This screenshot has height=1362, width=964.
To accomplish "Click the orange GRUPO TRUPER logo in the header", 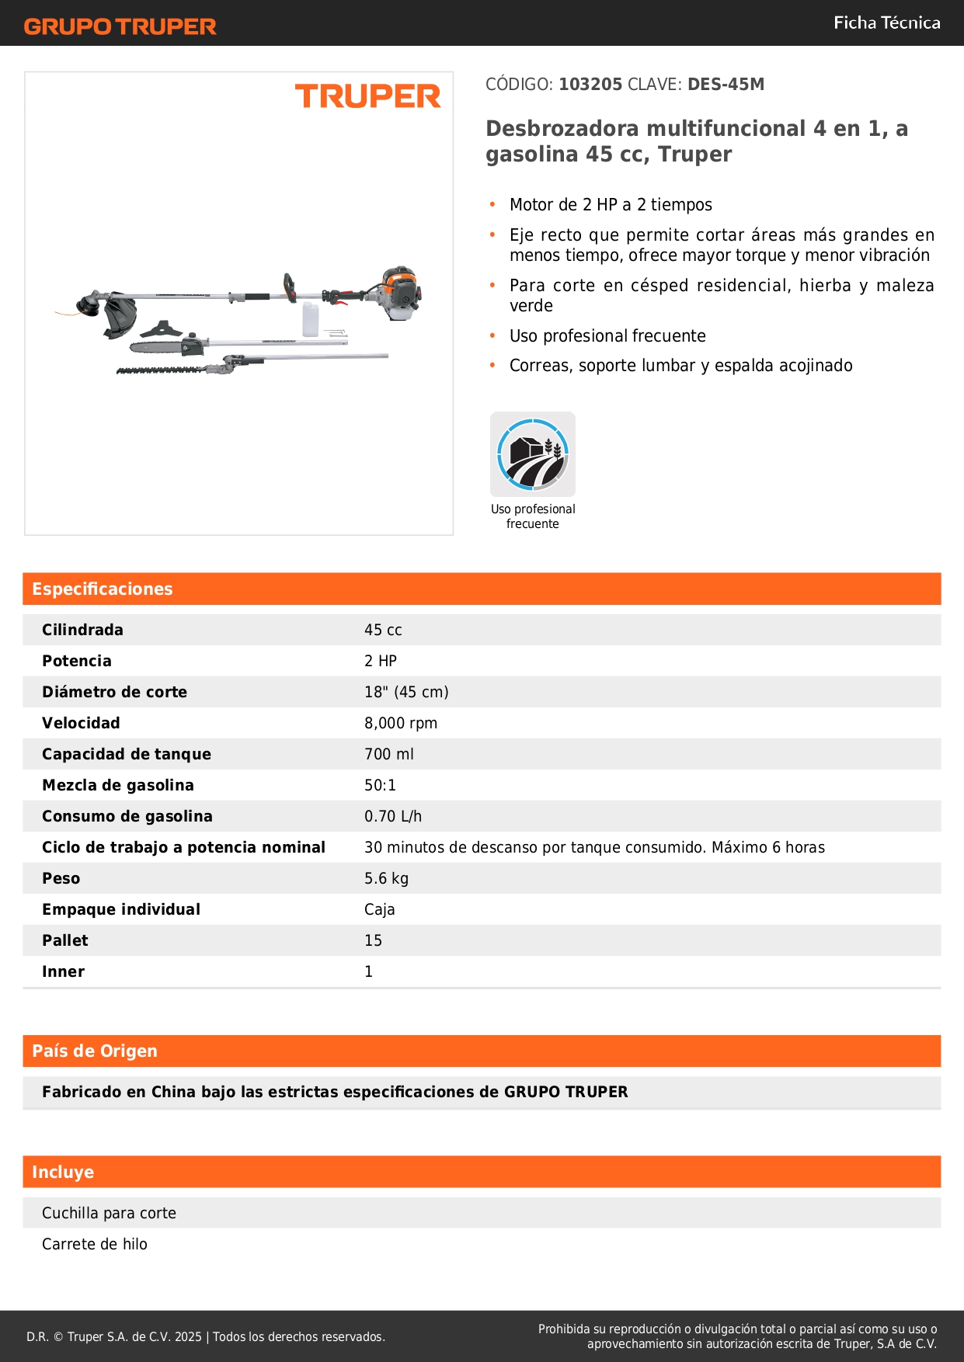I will [120, 26].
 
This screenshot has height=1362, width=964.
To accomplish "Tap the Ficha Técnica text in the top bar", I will [886, 23].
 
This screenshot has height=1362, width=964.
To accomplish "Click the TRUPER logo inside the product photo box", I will [367, 96].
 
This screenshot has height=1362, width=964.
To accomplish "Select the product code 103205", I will [590, 84].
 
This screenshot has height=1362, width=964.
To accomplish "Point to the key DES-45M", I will [726, 84].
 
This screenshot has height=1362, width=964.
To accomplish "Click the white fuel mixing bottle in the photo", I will [310, 319].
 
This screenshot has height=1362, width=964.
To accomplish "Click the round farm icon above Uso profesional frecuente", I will [533, 454].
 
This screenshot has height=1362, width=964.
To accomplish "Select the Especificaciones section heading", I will [103, 589].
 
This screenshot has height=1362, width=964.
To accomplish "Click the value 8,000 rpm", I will [401, 723].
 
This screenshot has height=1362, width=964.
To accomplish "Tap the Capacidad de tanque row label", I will [127, 754].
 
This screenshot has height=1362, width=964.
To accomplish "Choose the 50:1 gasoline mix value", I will [380, 785].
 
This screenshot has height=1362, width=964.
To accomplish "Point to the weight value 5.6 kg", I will [386, 878].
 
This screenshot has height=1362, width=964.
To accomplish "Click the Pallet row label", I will [65, 940].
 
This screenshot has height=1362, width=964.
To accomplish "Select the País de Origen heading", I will [95, 1051].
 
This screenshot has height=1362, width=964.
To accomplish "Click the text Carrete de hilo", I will [95, 1244].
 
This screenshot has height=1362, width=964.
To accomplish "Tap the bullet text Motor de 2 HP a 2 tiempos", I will [611, 204].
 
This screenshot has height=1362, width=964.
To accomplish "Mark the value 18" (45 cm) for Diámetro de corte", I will [406, 692].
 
